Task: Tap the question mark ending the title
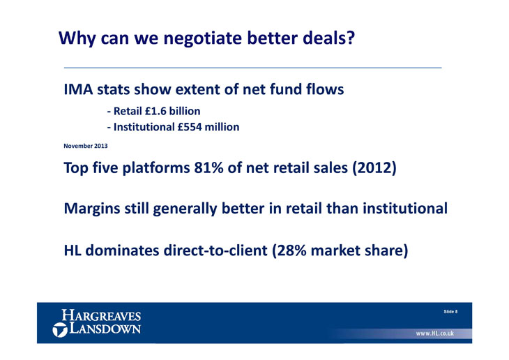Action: pyautogui.click(x=350, y=38)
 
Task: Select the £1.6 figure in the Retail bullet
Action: pyautogui.click(x=156, y=111)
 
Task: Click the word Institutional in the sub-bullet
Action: pyautogui.click(x=144, y=127)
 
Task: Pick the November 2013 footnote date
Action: pyautogui.click(x=85, y=146)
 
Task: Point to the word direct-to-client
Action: pyautogui.click(x=215, y=250)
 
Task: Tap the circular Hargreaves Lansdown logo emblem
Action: pyautogui.click(x=60, y=330)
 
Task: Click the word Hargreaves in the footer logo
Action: pyautogui.click(x=101, y=315)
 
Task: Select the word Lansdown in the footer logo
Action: pyautogui.click(x=105, y=328)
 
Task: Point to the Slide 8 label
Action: pyautogui.click(x=450, y=312)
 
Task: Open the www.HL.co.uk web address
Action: pyautogui.click(x=435, y=333)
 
